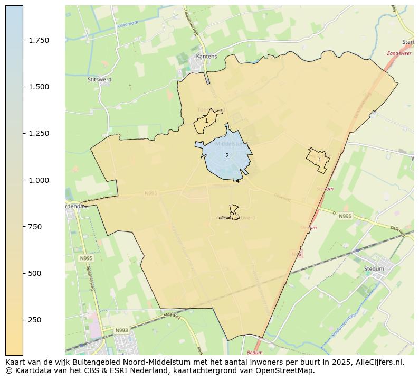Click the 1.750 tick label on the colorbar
(39, 40)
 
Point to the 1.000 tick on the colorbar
(39, 180)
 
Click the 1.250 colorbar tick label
(39, 133)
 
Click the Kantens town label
(206, 56)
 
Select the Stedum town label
(374, 268)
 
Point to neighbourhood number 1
(206, 121)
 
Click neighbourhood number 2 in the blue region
(227, 155)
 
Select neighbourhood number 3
(319, 159)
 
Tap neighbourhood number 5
(232, 214)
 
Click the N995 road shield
(85, 258)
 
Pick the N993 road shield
(121, 330)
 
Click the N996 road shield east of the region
(345, 216)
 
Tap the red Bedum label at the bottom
(254, 352)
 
